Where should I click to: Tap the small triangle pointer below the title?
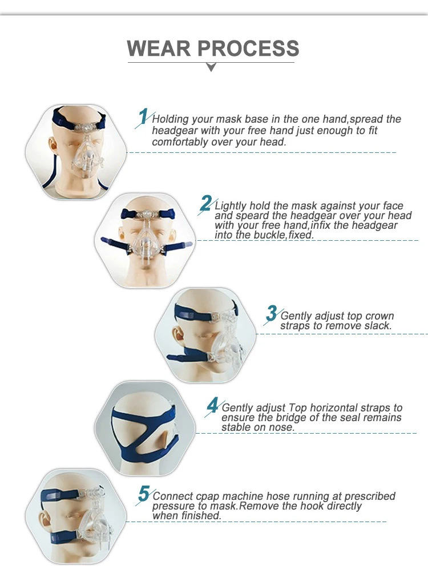[211, 67]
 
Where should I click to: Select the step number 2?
[206, 203]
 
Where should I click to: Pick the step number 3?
[272, 313]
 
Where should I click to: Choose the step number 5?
[144, 494]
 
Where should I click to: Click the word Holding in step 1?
[171, 119]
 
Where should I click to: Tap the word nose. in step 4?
[281, 427]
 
